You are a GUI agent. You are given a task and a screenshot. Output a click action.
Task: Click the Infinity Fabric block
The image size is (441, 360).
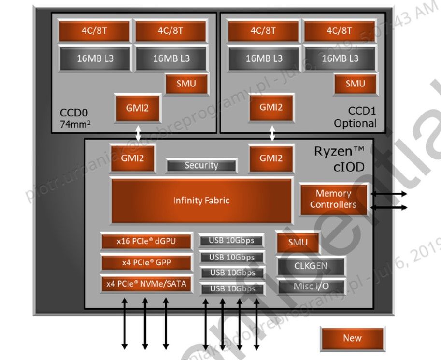201,200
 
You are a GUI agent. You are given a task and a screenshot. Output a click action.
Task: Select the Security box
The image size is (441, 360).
201,166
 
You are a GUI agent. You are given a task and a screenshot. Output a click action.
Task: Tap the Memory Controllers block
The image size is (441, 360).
333,199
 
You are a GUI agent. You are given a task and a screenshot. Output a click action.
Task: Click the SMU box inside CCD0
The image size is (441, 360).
186,84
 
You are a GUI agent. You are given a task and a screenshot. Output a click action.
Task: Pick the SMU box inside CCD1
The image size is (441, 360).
356,84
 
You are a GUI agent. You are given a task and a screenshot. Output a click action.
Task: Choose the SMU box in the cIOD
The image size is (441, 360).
298,243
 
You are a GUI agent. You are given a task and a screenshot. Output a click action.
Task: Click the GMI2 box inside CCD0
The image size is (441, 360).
137,108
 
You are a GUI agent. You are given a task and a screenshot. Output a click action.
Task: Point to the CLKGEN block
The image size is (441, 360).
311,265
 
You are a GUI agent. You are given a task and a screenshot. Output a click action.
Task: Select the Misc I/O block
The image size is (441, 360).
311,286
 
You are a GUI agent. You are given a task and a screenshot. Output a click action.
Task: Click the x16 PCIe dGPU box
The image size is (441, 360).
146,241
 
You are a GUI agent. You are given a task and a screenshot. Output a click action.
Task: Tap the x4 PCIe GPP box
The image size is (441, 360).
146,262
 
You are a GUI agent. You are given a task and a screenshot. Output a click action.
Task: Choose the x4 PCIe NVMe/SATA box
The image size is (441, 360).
146,284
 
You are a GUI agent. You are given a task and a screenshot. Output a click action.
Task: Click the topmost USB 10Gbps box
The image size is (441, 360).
232,241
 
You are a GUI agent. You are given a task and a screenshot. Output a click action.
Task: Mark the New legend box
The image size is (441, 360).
352,338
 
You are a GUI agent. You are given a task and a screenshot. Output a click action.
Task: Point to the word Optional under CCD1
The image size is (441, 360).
355,123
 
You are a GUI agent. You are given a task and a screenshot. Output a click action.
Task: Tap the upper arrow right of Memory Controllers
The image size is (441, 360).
389,194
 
